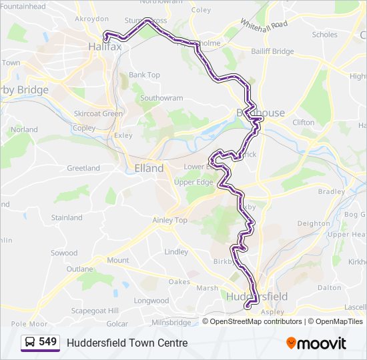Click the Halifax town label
(105, 47)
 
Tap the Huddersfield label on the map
(257, 296)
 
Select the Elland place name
(149, 168)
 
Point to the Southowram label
(161, 98)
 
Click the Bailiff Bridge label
(272, 51)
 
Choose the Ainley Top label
(171, 220)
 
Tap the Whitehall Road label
(270, 27)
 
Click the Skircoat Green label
(99, 113)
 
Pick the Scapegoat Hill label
(95, 311)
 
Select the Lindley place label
(176, 252)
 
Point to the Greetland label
(83, 168)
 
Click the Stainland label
(67, 217)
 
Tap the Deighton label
(314, 224)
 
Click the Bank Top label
(144, 75)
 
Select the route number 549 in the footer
(47, 342)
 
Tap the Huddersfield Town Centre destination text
(127, 343)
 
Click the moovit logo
(316, 343)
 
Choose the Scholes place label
(325, 35)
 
